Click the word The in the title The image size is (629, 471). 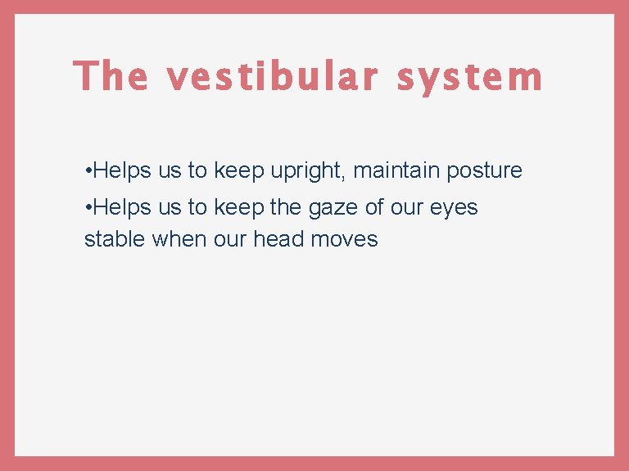pyautogui.click(x=111, y=76)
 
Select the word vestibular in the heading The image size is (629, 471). pyautogui.click(x=273, y=76)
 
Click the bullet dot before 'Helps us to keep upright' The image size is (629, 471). pyautogui.click(x=88, y=171)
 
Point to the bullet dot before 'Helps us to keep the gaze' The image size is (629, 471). pyautogui.click(x=88, y=208)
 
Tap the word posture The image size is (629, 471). pyautogui.click(x=484, y=171)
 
